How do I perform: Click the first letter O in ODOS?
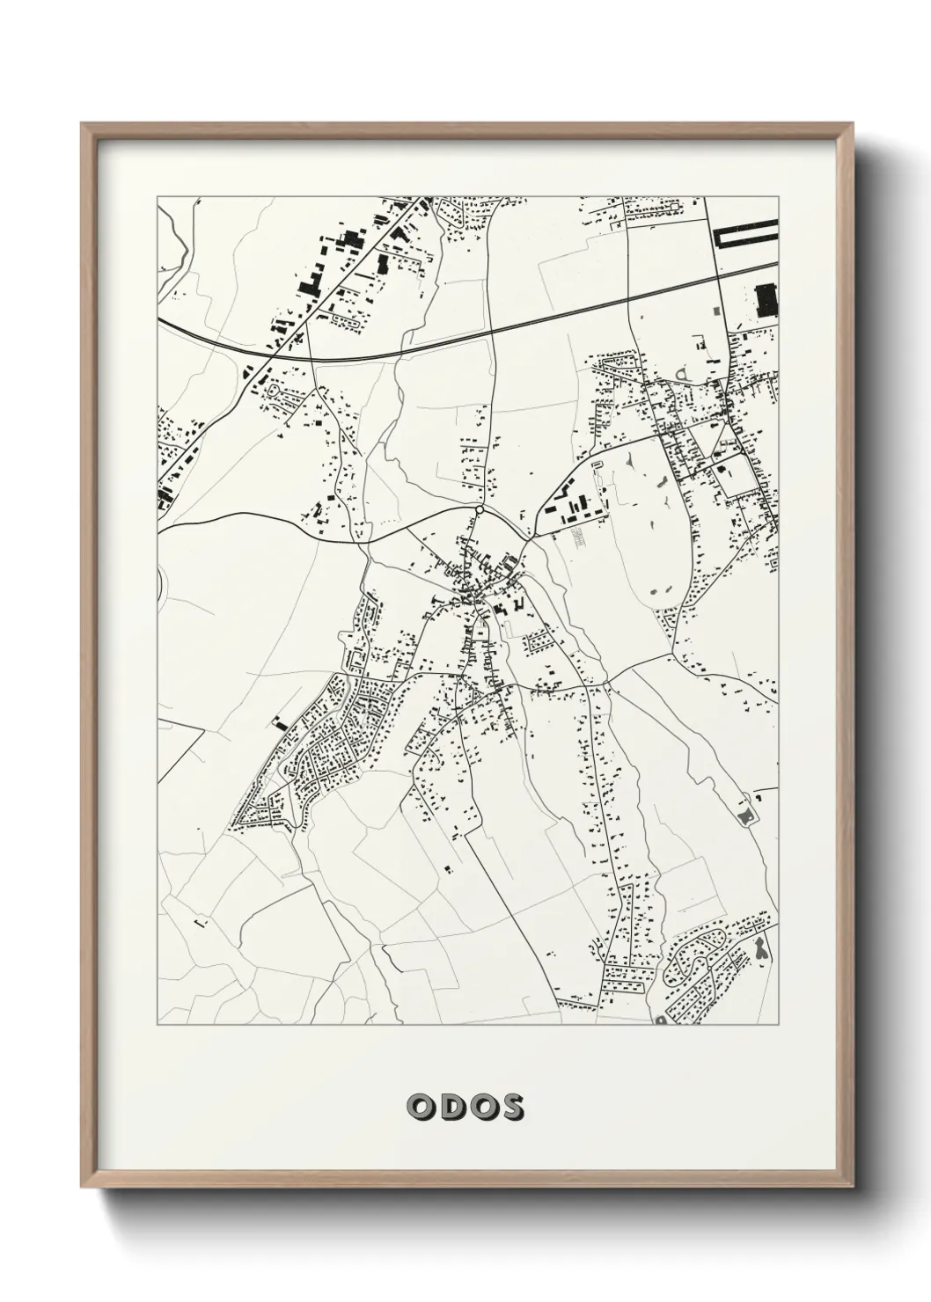(421, 1107)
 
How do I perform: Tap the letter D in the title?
(451, 1107)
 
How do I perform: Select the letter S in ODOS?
(511, 1107)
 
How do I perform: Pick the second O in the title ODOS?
(481, 1107)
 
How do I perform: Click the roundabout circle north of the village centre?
(479, 509)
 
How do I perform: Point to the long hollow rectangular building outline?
(745, 236)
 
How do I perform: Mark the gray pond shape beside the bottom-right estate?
(760, 948)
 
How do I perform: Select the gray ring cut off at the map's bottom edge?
(660, 1020)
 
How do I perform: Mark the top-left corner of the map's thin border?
(158, 196)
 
